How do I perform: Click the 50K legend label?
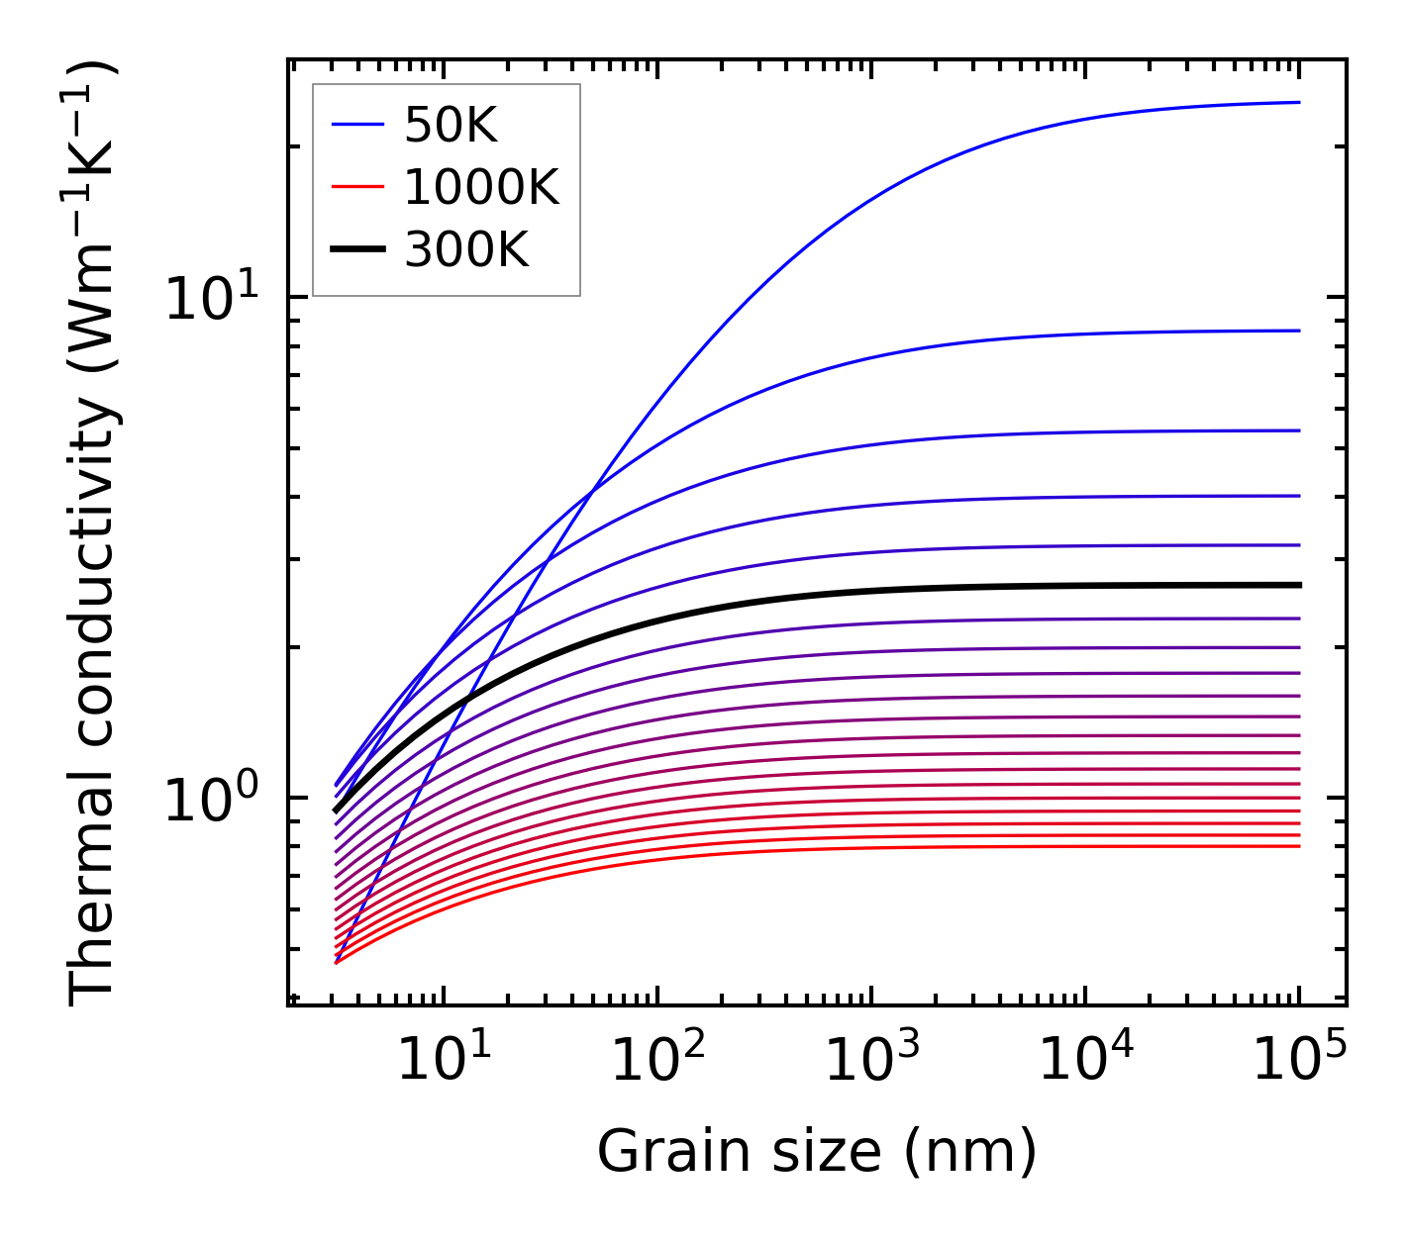coord(451,125)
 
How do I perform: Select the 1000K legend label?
coord(481,187)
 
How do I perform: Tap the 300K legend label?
coord(466,250)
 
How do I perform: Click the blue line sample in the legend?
coord(356,125)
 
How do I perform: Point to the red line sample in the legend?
coord(356,187)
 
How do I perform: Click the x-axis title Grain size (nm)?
coord(817,1152)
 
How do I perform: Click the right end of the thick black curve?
coord(1298,585)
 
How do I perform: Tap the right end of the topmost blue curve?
coord(1298,102)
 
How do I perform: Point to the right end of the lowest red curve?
coord(1298,846)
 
